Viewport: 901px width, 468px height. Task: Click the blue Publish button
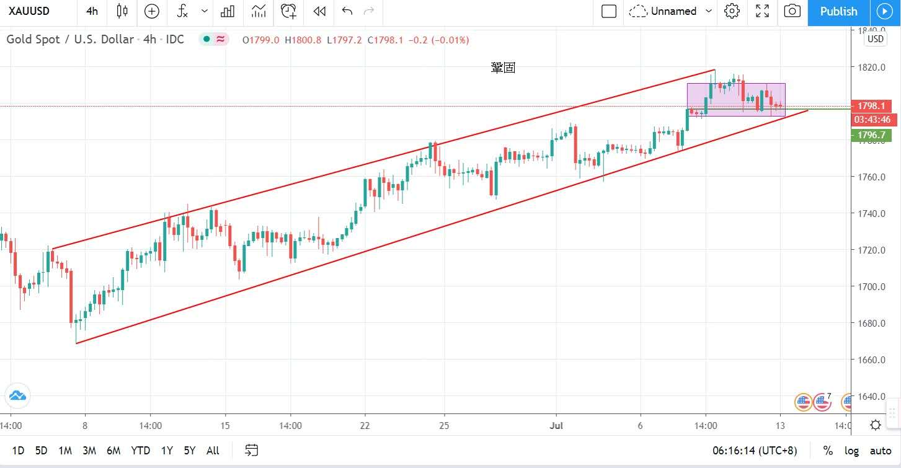pyautogui.click(x=838, y=11)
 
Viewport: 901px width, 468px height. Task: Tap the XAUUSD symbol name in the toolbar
pyautogui.click(x=29, y=11)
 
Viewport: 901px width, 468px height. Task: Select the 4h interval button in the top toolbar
pyautogui.click(x=92, y=11)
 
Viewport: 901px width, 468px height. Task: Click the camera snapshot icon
pyautogui.click(x=792, y=11)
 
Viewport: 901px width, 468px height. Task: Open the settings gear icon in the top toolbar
pyautogui.click(x=732, y=11)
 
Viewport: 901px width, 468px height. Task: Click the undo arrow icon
pyautogui.click(x=347, y=11)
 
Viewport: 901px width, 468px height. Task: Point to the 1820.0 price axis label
pyautogui.click(x=871, y=68)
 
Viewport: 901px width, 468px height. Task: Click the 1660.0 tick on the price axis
pyautogui.click(x=871, y=360)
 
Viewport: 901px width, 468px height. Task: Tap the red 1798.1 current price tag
pyautogui.click(x=871, y=106)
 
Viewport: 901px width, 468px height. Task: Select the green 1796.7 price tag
pyautogui.click(x=871, y=135)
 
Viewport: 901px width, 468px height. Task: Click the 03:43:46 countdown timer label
pyautogui.click(x=872, y=120)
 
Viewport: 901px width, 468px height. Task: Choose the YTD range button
pyautogui.click(x=140, y=451)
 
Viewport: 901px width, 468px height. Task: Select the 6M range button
pyautogui.click(x=113, y=451)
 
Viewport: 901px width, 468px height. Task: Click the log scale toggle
pyautogui.click(x=851, y=451)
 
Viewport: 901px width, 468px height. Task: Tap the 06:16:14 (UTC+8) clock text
pyautogui.click(x=755, y=451)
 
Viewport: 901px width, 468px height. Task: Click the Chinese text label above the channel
pyautogui.click(x=503, y=68)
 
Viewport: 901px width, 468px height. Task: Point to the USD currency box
pyautogui.click(x=875, y=39)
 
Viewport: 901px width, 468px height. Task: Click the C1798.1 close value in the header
pyautogui.click(x=385, y=40)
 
